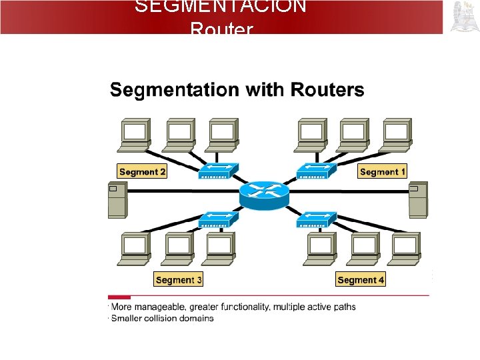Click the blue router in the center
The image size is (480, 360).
pyautogui.click(x=264, y=193)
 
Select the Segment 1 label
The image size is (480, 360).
pyautogui.click(x=382, y=172)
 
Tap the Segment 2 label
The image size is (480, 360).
pyautogui.click(x=142, y=172)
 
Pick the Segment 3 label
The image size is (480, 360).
pyautogui.click(x=178, y=280)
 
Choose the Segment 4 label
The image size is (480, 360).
pyautogui.click(x=361, y=280)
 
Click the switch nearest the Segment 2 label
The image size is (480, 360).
pyautogui.click(x=217, y=171)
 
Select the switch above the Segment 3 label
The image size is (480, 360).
pyautogui.click(x=217, y=221)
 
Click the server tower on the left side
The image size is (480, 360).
pyautogui.click(x=117, y=199)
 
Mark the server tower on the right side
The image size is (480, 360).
pyautogui.click(x=418, y=199)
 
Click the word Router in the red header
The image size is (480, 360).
pyautogui.click(x=221, y=29)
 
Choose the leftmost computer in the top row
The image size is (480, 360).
pyautogui.click(x=135, y=135)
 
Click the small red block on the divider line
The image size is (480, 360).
pyautogui.click(x=119, y=297)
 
